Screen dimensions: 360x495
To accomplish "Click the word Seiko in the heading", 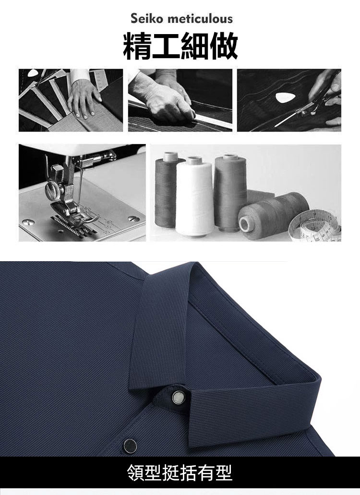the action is [x=147, y=19].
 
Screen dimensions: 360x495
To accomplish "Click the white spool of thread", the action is [x=194, y=196].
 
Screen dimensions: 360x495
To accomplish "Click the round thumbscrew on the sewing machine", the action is [x=52, y=191].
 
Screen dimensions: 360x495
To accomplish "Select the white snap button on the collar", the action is [x=178, y=397].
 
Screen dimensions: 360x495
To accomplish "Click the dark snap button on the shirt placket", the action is [x=130, y=446].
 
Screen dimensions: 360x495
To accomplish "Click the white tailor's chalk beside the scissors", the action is [x=284, y=98].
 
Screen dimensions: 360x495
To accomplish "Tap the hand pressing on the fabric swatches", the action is [x=83, y=98].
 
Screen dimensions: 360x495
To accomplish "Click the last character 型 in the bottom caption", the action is [x=223, y=473].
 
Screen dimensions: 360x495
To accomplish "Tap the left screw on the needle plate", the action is [x=29, y=222].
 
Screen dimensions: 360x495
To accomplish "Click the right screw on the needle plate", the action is [x=134, y=219].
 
